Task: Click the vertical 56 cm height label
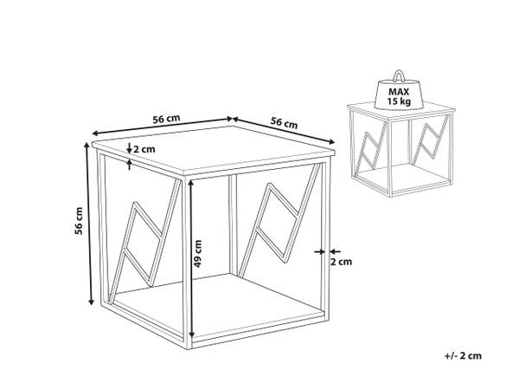(x=79, y=220)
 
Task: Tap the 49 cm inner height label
(x=197, y=254)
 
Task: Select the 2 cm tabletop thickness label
(x=144, y=149)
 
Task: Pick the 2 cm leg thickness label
(x=342, y=262)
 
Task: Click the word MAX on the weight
(x=399, y=92)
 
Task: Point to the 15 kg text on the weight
(x=399, y=101)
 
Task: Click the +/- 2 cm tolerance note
(x=463, y=356)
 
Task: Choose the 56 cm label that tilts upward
(x=166, y=119)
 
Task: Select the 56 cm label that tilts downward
(x=284, y=123)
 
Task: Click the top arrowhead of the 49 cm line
(x=190, y=182)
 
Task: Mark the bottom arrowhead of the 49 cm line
(x=191, y=335)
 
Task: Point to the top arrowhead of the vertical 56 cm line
(x=86, y=145)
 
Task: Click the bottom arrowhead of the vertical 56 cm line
(x=92, y=301)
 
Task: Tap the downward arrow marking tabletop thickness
(x=130, y=148)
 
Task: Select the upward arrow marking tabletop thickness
(x=130, y=165)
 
